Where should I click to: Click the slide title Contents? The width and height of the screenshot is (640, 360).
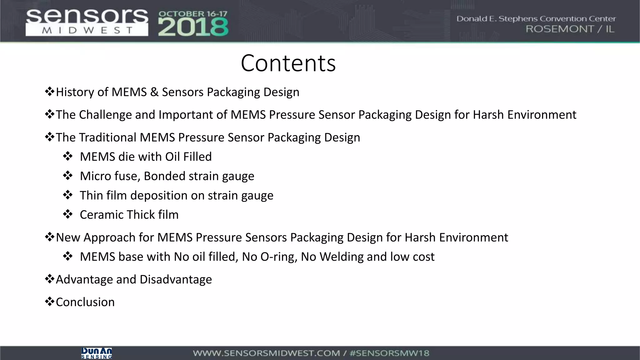point(288,63)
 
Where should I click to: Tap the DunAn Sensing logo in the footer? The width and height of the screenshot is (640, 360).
point(97,353)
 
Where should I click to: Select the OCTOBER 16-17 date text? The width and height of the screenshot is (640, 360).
point(193,14)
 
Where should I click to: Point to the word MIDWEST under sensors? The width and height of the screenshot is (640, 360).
point(87,31)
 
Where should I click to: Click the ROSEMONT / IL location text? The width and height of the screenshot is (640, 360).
point(570,29)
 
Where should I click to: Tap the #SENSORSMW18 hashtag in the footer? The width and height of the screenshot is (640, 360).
point(389,353)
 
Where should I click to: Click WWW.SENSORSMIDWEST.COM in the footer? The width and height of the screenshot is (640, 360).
point(266,353)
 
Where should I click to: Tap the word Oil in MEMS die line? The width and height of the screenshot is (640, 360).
point(172,157)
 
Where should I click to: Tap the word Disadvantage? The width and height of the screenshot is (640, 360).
point(176,280)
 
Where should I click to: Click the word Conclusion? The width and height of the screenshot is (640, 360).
point(85,302)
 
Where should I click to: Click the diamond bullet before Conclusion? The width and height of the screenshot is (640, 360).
point(49,302)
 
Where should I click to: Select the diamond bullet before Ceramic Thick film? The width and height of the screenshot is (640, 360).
point(67,215)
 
